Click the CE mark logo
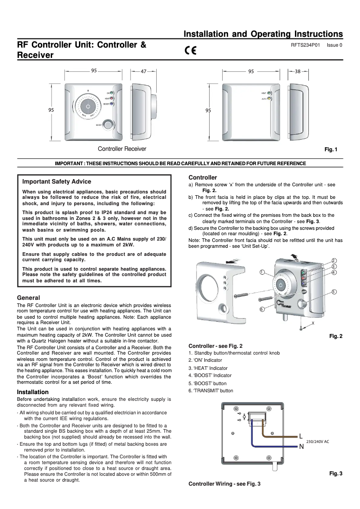190,50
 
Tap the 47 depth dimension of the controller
144,71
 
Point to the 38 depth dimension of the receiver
298,71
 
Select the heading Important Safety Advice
57,182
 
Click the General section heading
28,298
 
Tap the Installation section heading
33,392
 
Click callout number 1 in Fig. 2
262,272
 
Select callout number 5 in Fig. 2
334,292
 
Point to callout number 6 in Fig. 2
262,309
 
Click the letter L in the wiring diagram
301,436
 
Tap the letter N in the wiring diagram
301,446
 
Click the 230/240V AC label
317,442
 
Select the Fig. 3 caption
336,474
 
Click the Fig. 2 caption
336,336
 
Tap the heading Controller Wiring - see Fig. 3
224,484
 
